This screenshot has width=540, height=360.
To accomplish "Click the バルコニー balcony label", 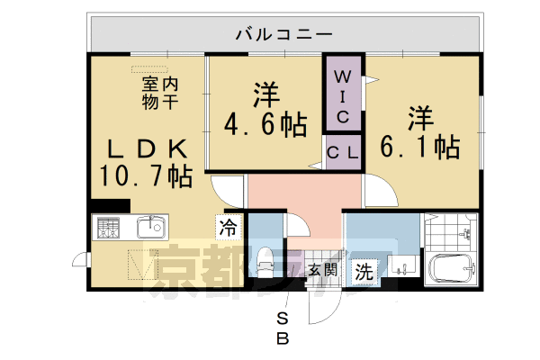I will pyautogui.click(x=284, y=34).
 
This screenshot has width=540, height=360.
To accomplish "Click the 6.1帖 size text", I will pyautogui.click(x=417, y=145).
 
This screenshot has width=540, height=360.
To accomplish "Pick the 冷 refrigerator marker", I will pyautogui.click(x=229, y=229).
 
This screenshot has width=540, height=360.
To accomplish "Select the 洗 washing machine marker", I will pyautogui.click(x=364, y=270).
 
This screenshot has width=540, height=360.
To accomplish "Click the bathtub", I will pyautogui.click(x=451, y=268).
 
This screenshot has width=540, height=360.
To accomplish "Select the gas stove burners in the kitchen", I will pyautogui.click(x=108, y=229).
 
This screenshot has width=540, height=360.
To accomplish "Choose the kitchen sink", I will pyautogui.click(x=149, y=227).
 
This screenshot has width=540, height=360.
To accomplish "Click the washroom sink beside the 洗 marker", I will pyautogui.click(x=400, y=265).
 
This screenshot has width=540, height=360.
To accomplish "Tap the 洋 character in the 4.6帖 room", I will pyautogui.click(x=263, y=93).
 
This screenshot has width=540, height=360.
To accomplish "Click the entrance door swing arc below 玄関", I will pyautogui.click(x=319, y=306).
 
